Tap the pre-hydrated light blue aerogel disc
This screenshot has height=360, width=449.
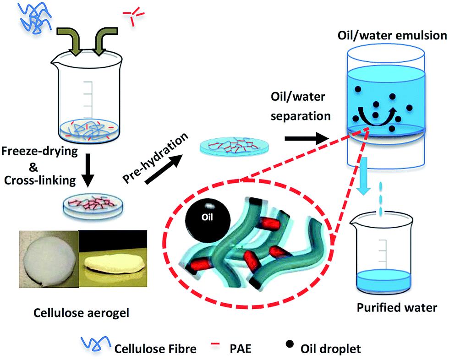(x=234, y=147)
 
